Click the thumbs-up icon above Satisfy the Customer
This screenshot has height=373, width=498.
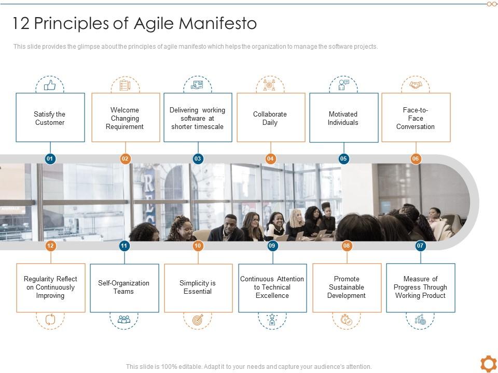(50, 84)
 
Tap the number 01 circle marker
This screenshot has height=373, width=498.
(50, 159)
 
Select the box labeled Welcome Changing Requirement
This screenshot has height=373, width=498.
(126, 118)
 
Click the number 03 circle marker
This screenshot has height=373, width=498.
(198, 159)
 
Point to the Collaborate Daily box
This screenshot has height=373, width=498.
(270, 118)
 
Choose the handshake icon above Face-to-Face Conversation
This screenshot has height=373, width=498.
(416, 84)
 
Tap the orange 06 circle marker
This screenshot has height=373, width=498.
(416, 159)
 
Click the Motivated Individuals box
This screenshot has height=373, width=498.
(343, 118)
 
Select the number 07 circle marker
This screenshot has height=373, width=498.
(420, 246)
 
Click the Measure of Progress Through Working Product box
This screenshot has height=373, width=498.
(420, 288)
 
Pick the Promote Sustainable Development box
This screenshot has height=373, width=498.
(347, 288)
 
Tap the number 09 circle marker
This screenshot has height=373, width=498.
(272, 246)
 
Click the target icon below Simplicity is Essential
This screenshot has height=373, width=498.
(198, 320)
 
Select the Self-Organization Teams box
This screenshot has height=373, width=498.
(124, 288)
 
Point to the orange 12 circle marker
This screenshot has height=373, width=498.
(50, 246)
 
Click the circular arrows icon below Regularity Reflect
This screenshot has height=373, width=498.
(50, 320)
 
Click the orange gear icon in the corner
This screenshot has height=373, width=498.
(488, 363)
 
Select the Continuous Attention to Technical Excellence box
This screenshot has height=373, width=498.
(272, 288)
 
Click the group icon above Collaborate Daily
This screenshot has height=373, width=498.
(270, 84)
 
